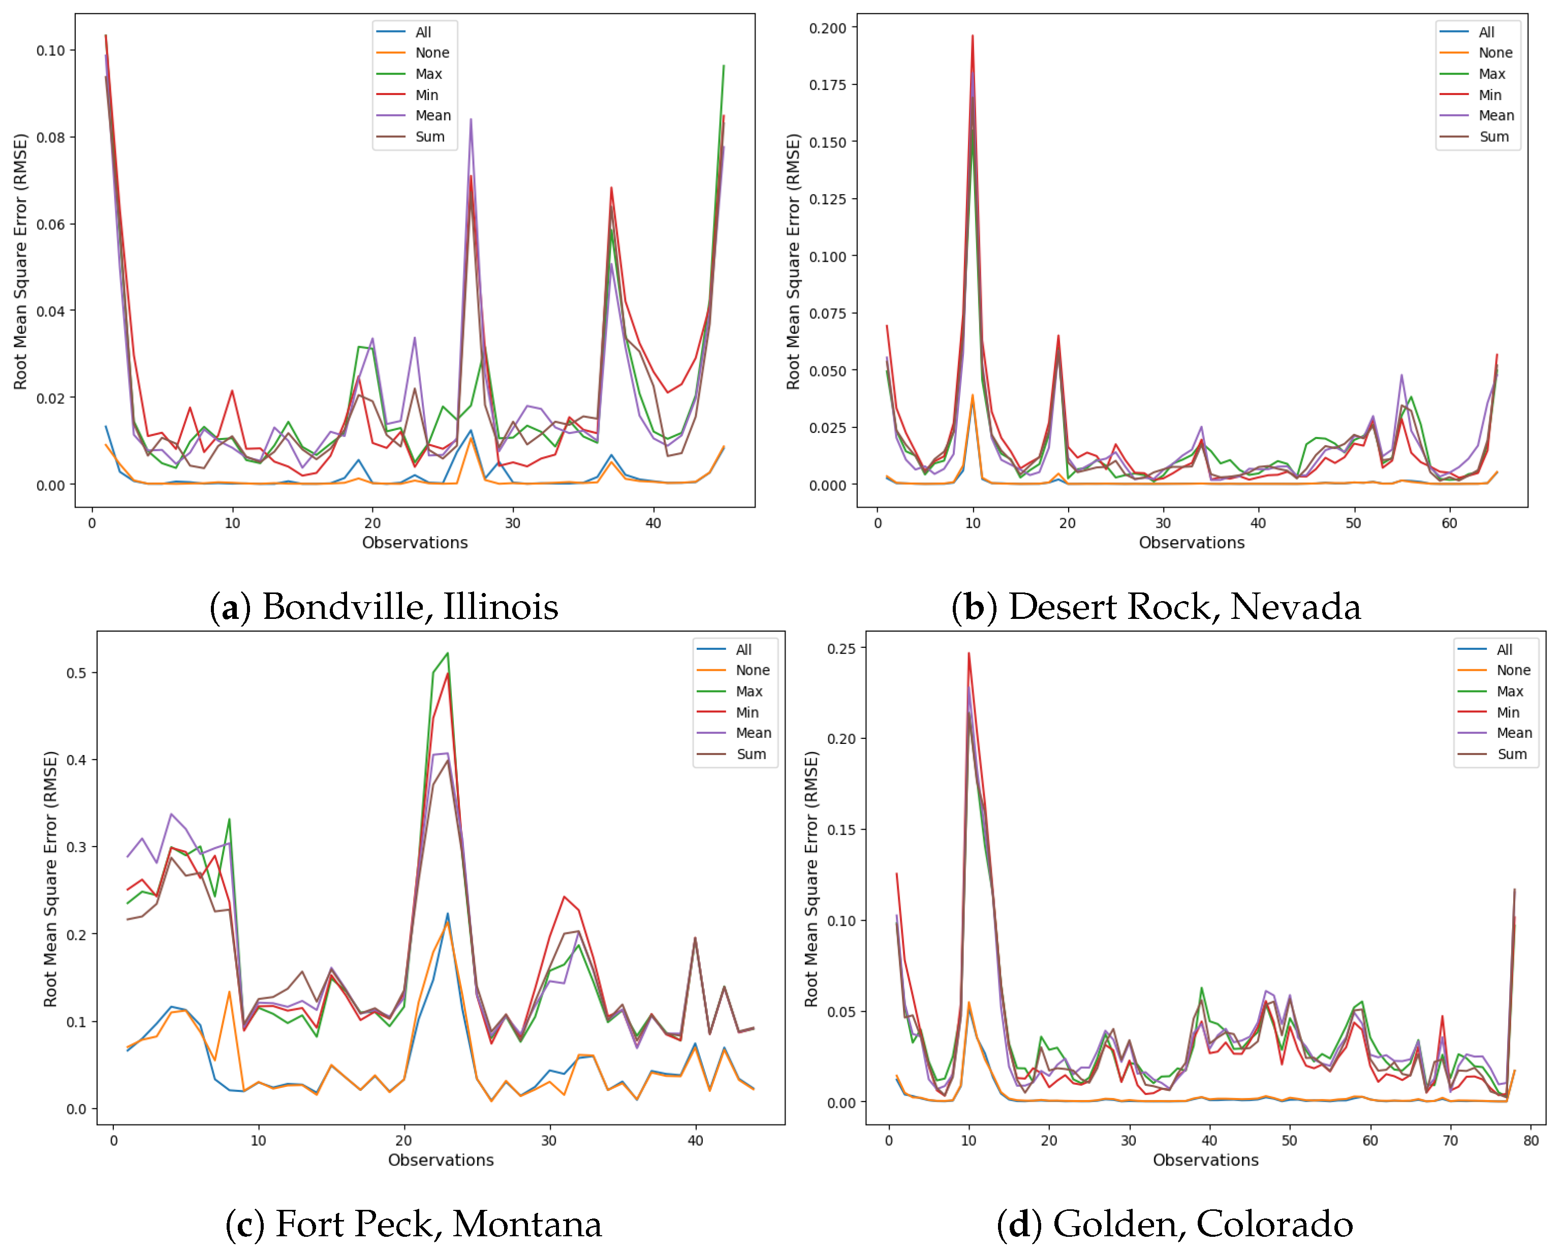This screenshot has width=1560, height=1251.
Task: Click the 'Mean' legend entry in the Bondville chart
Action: tap(433, 116)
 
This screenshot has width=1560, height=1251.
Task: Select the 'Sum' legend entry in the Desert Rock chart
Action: tap(1494, 137)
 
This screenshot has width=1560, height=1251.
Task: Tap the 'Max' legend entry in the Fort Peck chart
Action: tap(749, 692)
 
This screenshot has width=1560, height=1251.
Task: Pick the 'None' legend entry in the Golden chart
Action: tap(1513, 671)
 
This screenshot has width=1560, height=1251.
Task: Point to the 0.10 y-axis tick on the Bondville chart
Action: tap(51, 51)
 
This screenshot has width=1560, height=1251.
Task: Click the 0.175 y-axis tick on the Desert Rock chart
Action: tap(827, 85)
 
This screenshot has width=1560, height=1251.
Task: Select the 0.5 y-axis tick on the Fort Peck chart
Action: tap(76, 673)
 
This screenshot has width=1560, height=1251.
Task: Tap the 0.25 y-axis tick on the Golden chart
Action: tap(841, 649)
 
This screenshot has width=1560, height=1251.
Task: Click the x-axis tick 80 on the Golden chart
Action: tap(1531, 1141)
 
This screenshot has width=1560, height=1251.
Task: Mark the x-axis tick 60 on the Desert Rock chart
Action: tap(1449, 524)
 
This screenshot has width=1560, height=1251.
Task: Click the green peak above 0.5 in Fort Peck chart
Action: tap(447, 653)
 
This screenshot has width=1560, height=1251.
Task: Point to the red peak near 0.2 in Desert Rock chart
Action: tap(973, 36)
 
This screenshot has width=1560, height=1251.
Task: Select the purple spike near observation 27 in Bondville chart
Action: tap(471, 120)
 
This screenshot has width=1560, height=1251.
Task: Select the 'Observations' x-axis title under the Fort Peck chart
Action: tap(441, 1161)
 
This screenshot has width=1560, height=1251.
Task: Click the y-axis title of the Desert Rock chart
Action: tap(794, 261)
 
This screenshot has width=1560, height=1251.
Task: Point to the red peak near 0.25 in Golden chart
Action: tap(969, 654)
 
